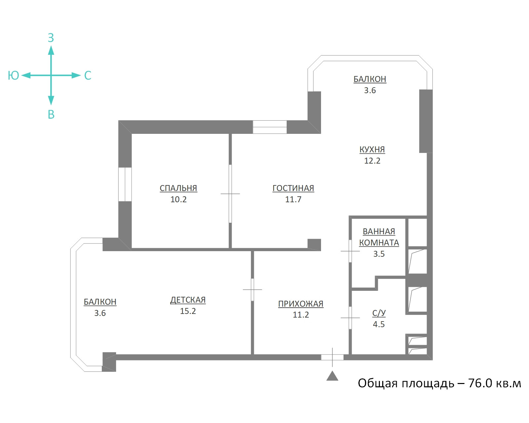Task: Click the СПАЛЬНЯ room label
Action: [178, 188]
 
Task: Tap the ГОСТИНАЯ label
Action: [293, 188]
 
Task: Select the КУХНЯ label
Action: [372, 149]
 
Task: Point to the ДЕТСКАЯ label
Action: [188, 300]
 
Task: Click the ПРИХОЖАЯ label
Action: [301, 304]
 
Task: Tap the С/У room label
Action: [379, 313]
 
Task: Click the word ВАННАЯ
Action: [379, 231]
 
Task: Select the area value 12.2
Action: [372, 161]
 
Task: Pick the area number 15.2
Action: [188, 311]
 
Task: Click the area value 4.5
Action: [379, 324]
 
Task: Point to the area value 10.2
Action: [178, 199]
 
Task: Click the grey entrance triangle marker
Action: [332, 376]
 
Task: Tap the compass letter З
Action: [51, 38]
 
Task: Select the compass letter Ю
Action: [13, 75]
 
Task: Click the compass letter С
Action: [88, 75]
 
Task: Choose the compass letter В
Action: [51, 114]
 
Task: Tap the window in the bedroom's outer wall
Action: [125, 184]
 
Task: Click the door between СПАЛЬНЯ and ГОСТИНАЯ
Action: [230, 194]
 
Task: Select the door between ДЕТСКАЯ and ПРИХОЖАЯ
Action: [252, 289]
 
